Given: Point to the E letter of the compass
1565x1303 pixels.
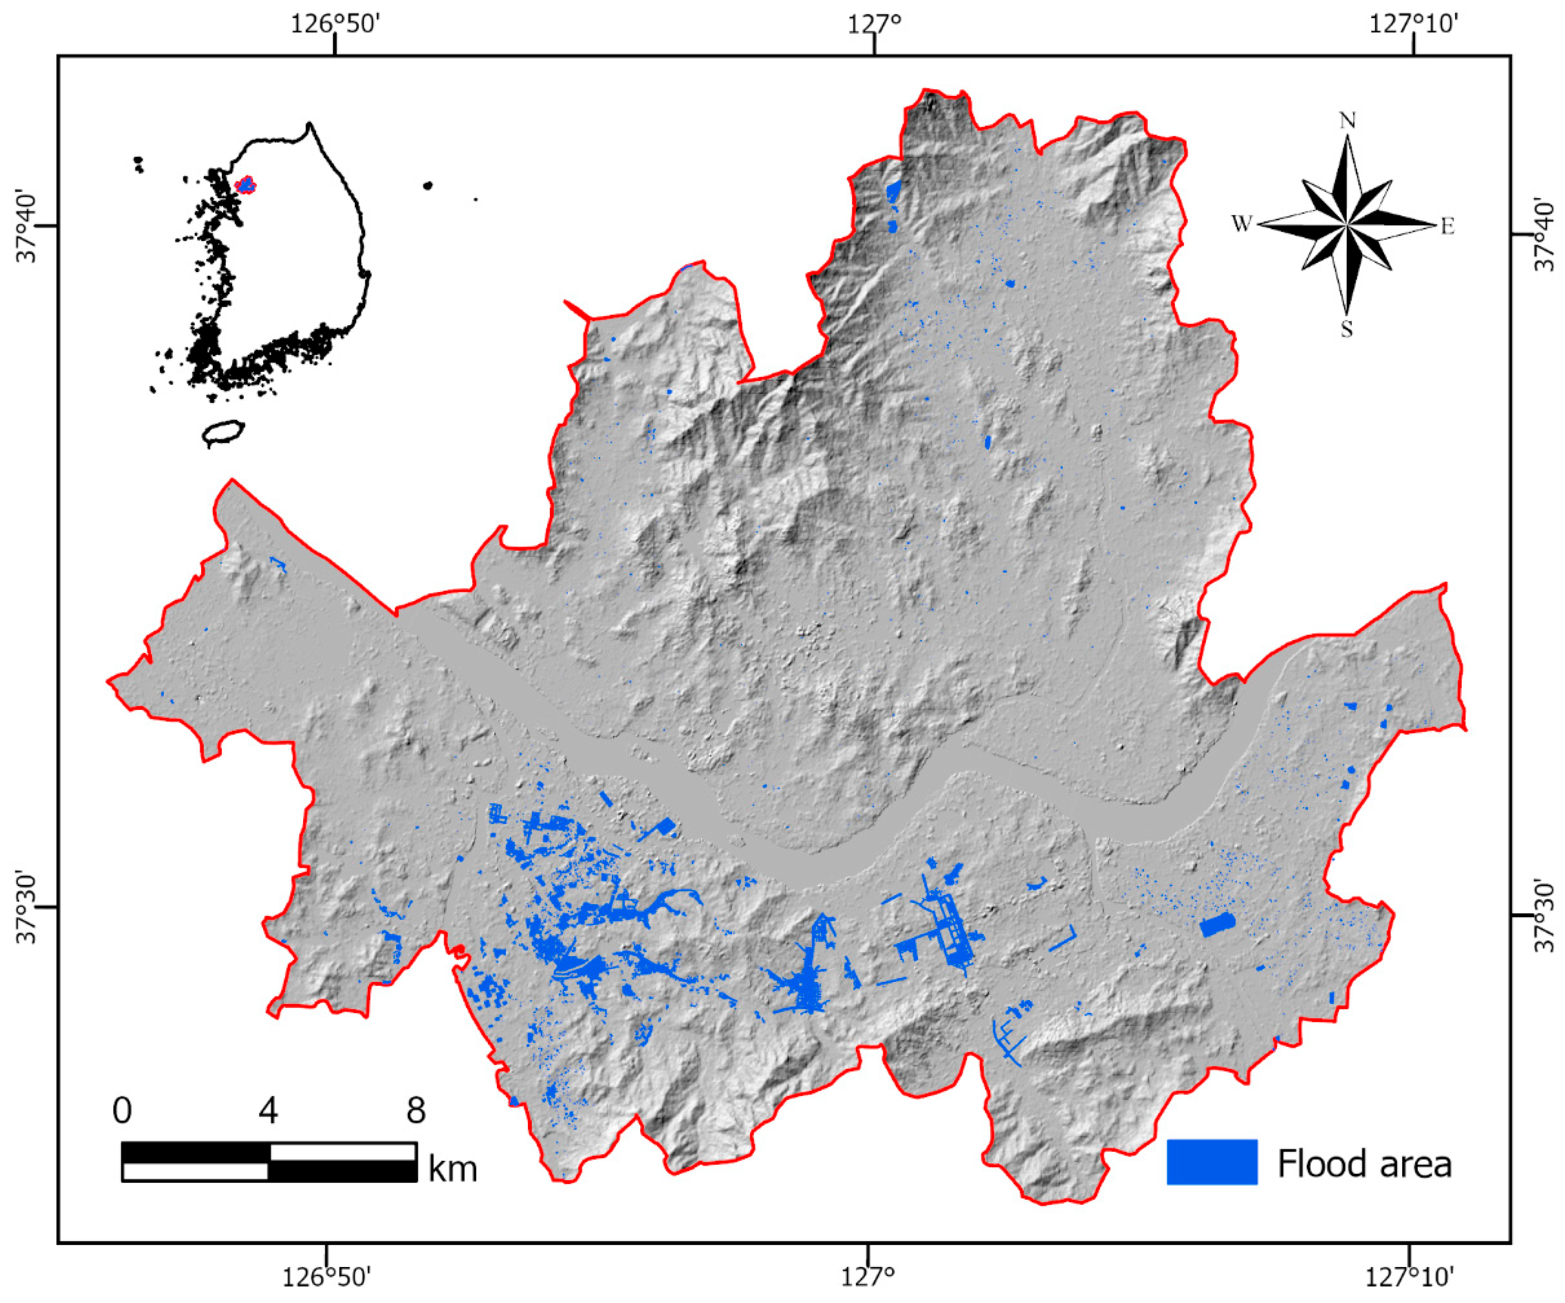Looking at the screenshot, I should click(x=1447, y=227).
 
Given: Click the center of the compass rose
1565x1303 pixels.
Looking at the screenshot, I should click(x=1347, y=224).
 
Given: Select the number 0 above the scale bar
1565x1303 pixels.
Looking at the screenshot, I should click(x=122, y=1110).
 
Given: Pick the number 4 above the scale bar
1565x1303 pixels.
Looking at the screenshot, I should click(x=268, y=1110).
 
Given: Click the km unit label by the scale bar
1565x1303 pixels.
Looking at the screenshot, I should click(x=452, y=1169).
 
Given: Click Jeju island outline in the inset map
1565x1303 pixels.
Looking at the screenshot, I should click(x=224, y=432).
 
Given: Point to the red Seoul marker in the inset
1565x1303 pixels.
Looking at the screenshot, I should click(x=245, y=185).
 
